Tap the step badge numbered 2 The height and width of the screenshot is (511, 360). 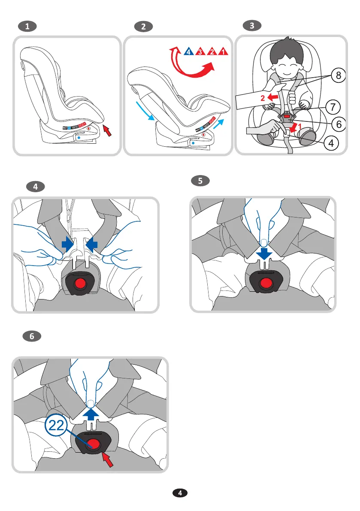tap(143, 27)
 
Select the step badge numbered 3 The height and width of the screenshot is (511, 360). tap(252, 26)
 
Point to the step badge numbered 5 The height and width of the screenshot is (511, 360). tap(200, 181)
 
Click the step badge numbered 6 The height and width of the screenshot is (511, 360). tap(32, 337)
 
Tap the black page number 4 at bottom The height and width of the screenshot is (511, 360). tap(180, 493)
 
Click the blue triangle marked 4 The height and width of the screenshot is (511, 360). tap(188, 52)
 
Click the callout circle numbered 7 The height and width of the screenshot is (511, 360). tap(338, 105)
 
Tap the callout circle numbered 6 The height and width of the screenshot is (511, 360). tap(338, 124)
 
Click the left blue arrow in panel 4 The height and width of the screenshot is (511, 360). tap(68, 244)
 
